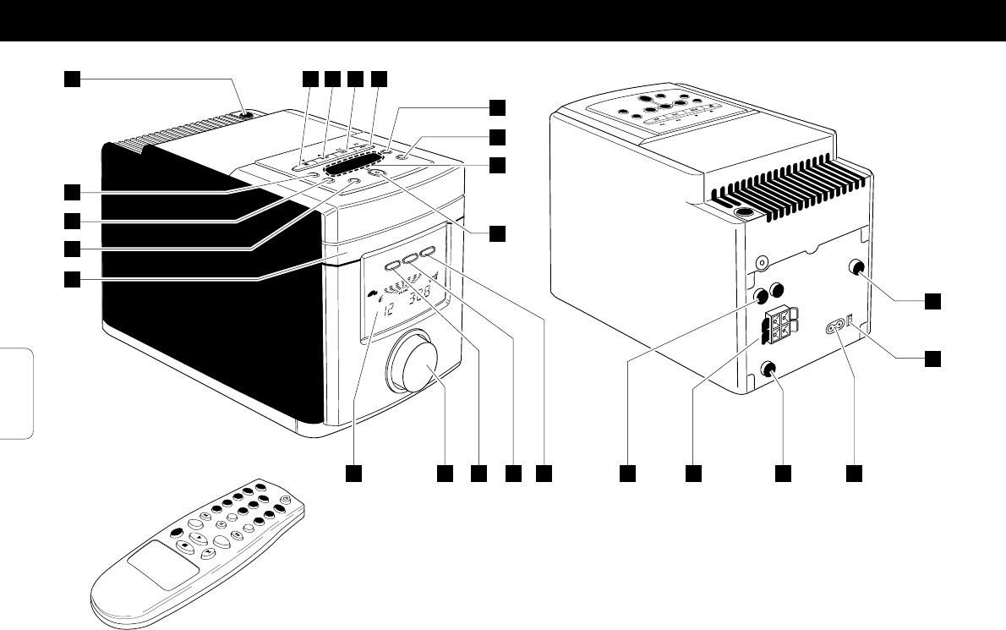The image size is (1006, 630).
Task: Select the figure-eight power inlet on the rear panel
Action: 839,326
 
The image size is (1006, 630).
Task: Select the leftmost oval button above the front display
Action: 392,266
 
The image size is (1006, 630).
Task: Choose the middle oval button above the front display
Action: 409,259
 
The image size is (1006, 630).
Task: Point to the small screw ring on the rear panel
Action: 763,264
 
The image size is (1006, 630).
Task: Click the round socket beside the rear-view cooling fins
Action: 744,214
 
